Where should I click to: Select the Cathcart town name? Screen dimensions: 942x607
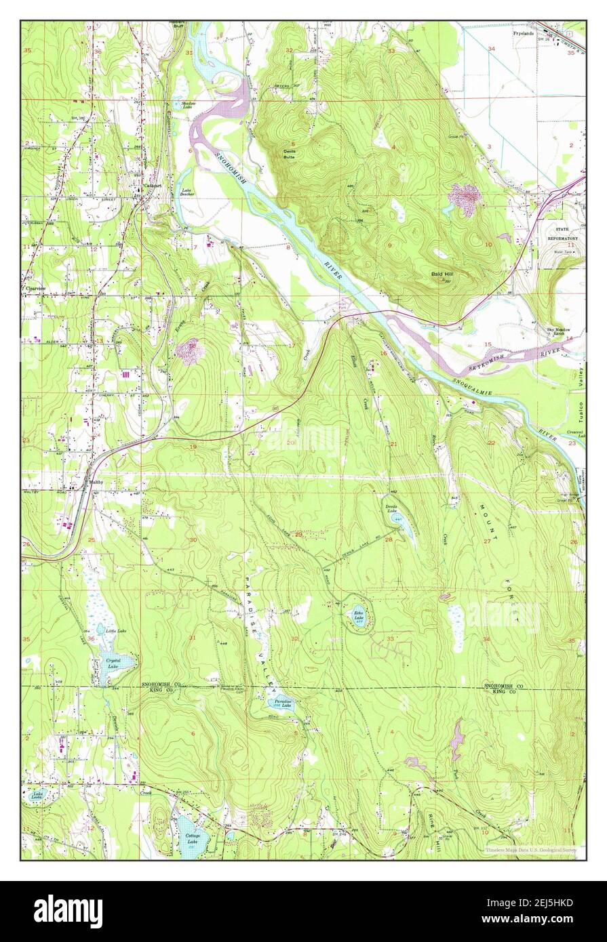point(152,184)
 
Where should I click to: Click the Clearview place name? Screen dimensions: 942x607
point(36,289)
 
